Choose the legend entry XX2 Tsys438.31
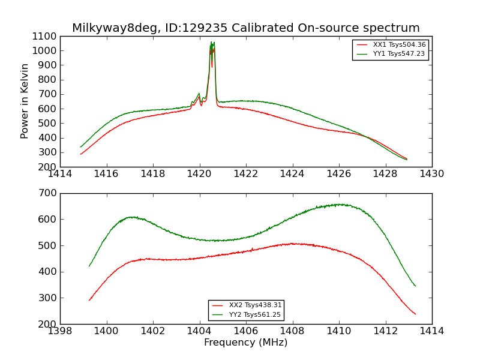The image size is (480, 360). tap(255, 305)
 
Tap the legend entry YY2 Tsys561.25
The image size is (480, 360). tap(255, 315)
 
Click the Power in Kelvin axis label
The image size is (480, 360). tap(25, 101)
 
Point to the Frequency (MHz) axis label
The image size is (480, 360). tap(245, 343)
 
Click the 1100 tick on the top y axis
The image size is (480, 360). tap(45, 36)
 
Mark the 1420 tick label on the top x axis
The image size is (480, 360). tap(199, 174)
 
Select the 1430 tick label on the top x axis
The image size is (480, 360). tap(431, 174)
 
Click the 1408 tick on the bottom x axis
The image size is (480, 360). tap(292, 331)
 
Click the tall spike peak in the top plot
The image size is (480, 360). tap(212, 43)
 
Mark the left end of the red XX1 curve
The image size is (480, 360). tap(81, 154)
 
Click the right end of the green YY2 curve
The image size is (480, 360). tap(415, 286)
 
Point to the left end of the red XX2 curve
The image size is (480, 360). tap(89, 300)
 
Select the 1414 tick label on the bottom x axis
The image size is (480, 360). tap(431, 331)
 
